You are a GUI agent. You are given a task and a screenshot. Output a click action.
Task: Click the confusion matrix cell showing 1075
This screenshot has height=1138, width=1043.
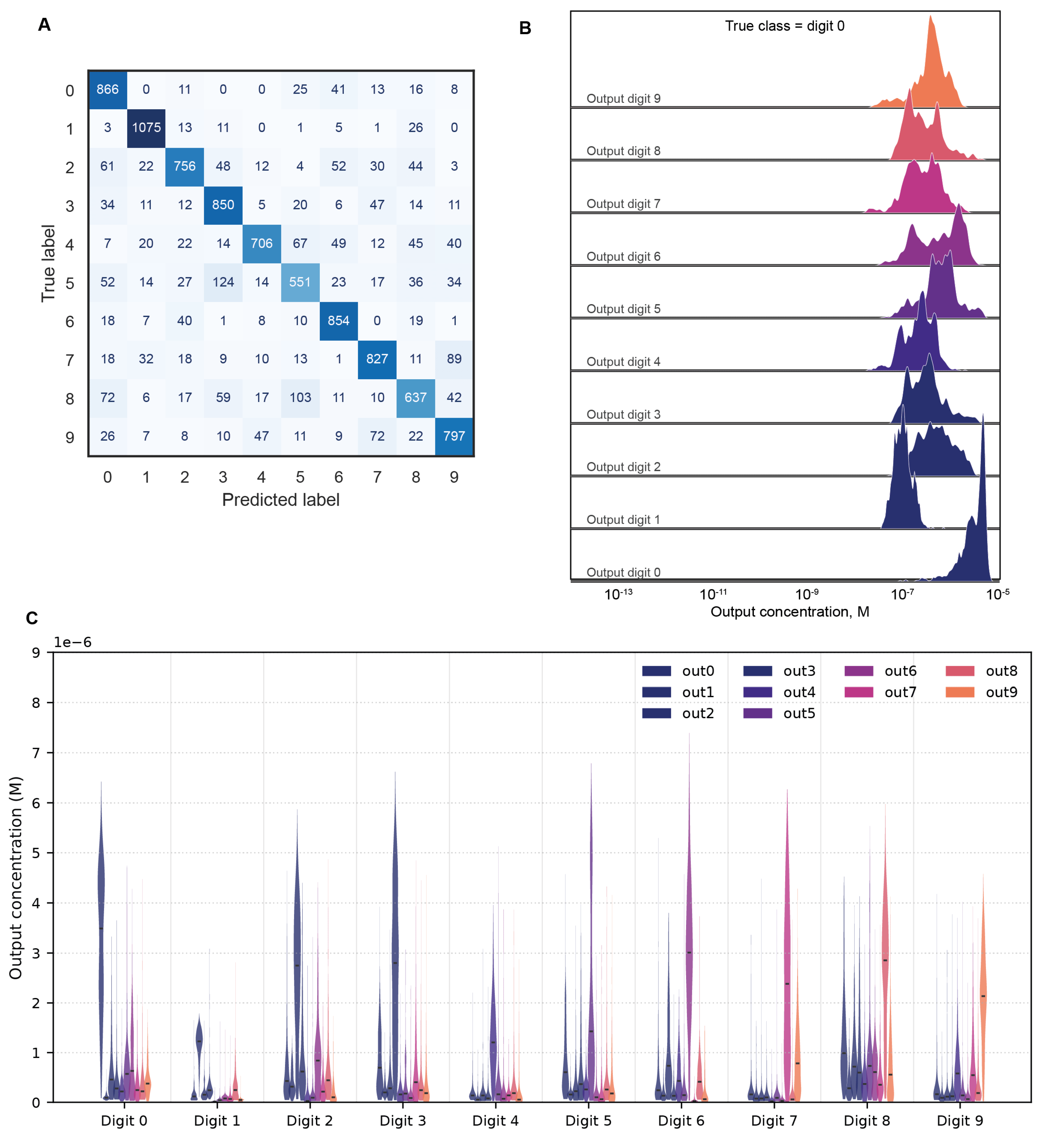click(146, 128)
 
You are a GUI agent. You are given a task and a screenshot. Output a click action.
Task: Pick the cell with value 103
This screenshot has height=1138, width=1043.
click(300, 397)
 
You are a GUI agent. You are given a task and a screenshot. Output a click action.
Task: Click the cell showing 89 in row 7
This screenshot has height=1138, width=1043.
click(454, 359)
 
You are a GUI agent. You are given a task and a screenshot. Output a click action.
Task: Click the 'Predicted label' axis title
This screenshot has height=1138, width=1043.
click(281, 500)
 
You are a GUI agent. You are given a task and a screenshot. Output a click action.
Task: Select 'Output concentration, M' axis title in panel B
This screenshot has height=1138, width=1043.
click(790, 612)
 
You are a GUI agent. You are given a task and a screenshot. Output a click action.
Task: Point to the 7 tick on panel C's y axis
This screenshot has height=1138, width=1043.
click(36, 753)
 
